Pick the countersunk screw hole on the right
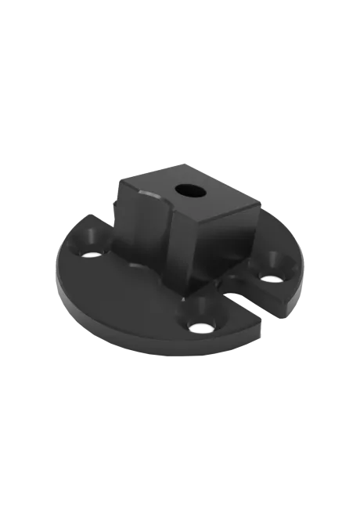[x=270, y=276]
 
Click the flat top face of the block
[x=188, y=196]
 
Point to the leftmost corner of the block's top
[x=119, y=182]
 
